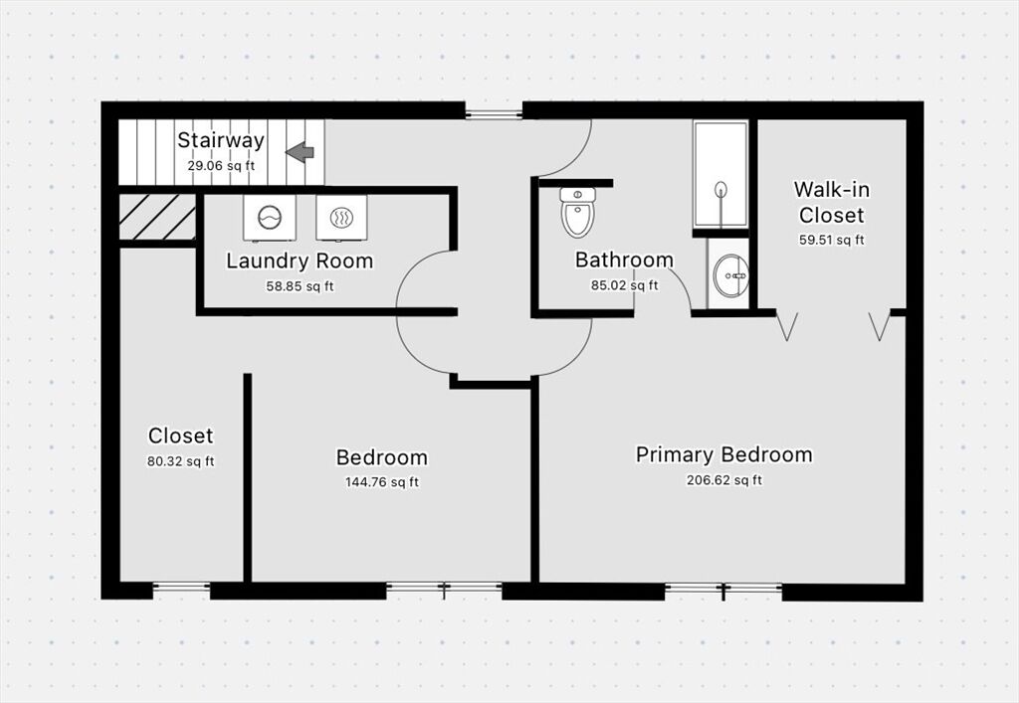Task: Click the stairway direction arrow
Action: point(300,152)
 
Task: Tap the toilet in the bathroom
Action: point(578,212)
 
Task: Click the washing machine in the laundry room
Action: point(269,218)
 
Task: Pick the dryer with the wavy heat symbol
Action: point(341,218)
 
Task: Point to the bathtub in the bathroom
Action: point(720,174)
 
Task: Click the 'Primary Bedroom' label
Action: point(724,454)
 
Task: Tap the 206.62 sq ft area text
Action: point(724,480)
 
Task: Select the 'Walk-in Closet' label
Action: point(831,202)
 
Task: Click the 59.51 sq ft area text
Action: point(831,241)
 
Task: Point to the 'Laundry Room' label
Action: point(300,261)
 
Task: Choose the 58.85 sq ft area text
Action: point(300,286)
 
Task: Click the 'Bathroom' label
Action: point(624,260)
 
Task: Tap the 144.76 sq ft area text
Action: point(381,482)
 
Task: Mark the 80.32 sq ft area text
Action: point(181,461)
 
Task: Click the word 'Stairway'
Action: point(221,140)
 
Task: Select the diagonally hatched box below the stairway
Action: point(157,218)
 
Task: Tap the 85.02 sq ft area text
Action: point(624,285)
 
